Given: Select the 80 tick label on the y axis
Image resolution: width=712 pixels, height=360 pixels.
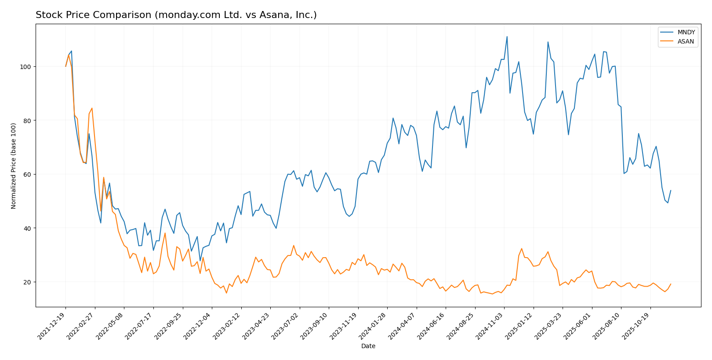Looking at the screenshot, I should (x=28, y=120).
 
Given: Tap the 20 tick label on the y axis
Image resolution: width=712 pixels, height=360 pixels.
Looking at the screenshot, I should (x=28, y=282).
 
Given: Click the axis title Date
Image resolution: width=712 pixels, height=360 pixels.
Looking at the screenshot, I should (x=368, y=346).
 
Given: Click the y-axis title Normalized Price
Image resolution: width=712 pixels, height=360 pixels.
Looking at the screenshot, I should (x=14, y=166).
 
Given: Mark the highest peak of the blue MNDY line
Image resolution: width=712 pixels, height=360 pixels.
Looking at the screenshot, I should (x=507, y=36).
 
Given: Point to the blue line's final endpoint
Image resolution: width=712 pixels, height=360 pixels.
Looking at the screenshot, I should (x=671, y=190).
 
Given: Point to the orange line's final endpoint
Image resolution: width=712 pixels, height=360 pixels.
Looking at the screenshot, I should (x=671, y=284).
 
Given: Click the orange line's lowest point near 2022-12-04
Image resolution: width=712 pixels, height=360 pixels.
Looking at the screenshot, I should (x=226, y=293).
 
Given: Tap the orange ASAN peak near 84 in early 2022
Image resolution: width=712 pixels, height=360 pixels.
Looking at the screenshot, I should (x=92, y=108).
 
